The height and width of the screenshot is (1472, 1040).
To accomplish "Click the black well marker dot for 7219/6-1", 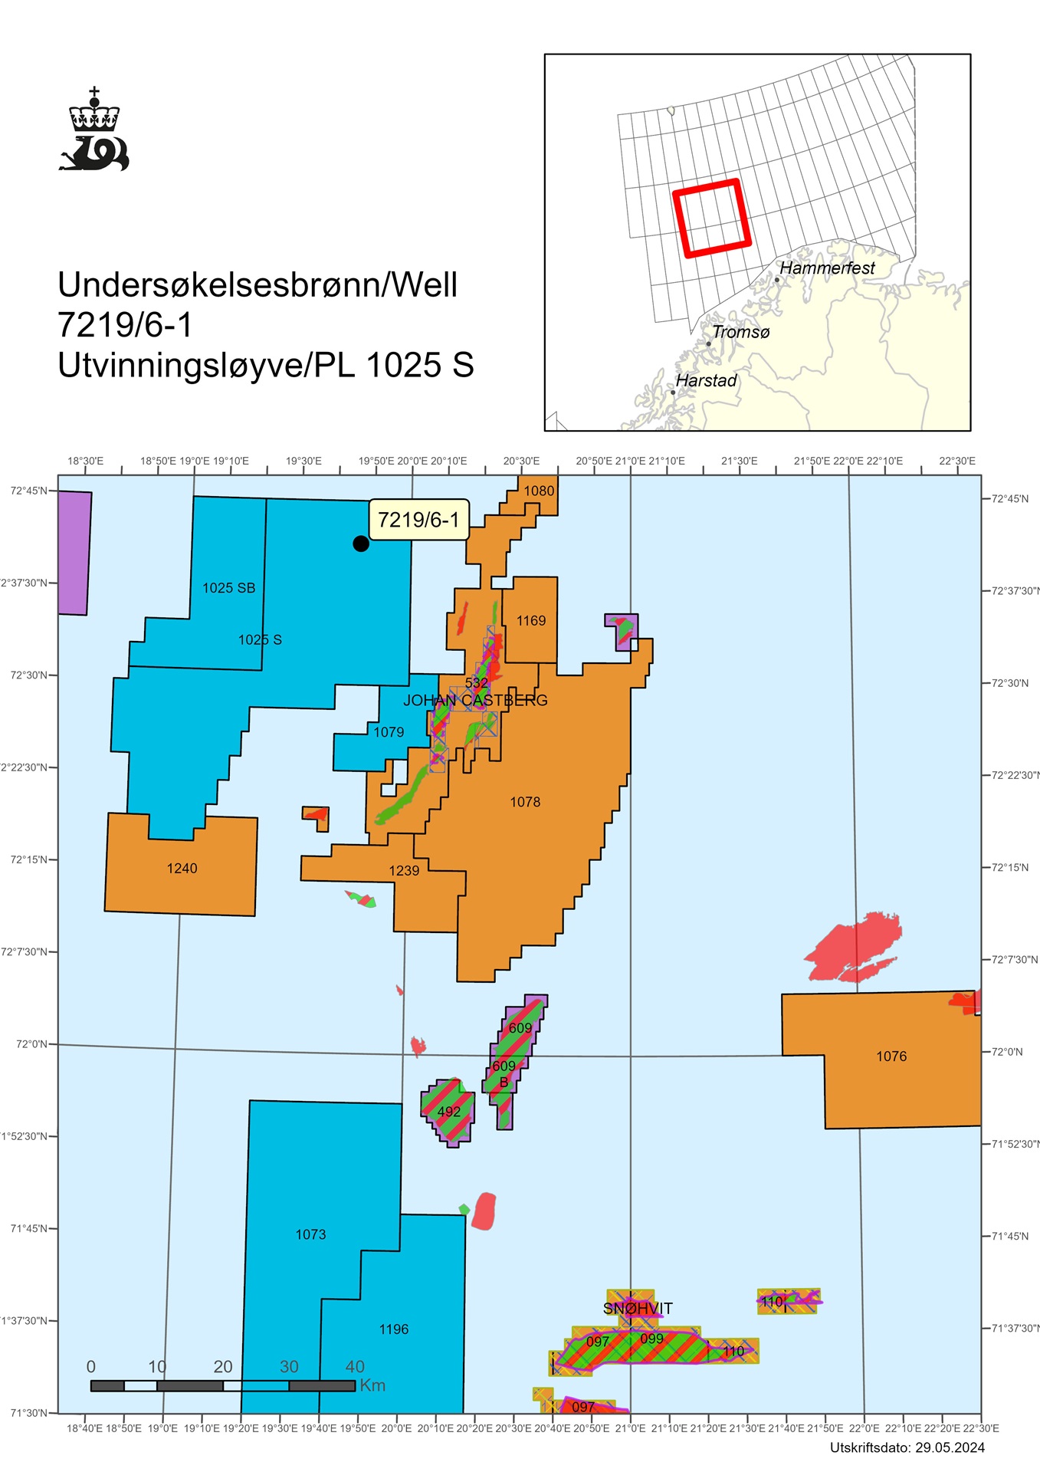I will (x=361, y=544).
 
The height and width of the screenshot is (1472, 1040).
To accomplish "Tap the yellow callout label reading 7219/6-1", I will (x=418, y=520).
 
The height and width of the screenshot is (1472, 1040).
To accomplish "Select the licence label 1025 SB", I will (x=228, y=588).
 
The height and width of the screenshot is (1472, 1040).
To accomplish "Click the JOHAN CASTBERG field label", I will (x=475, y=700).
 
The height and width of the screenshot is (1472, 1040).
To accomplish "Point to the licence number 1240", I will (x=182, y=868).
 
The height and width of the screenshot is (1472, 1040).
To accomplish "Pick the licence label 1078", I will (x=525, y=802).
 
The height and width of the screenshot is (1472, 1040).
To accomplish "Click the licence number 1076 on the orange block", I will (x=891, y=1056).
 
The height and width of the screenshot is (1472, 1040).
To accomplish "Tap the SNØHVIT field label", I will (x=638, y=1308).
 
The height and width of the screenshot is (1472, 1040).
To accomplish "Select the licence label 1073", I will (x=310, y=1234).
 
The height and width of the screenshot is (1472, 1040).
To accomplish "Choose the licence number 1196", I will (x=393, y=1329).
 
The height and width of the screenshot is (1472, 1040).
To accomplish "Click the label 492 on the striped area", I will (x=449, y=1112).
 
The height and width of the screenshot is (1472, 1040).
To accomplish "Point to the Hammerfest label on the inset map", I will (x=827, y=268).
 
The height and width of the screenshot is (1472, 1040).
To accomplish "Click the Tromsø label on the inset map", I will (x=740, y=332).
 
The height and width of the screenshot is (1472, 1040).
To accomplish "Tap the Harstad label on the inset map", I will (x=706, y=381).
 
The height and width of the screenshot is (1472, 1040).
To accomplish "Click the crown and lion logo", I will (x=94, y=130).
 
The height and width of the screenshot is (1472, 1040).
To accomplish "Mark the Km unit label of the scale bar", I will (x=372, y=1385).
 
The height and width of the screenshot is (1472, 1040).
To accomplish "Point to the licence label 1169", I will (x=531, y=621).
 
